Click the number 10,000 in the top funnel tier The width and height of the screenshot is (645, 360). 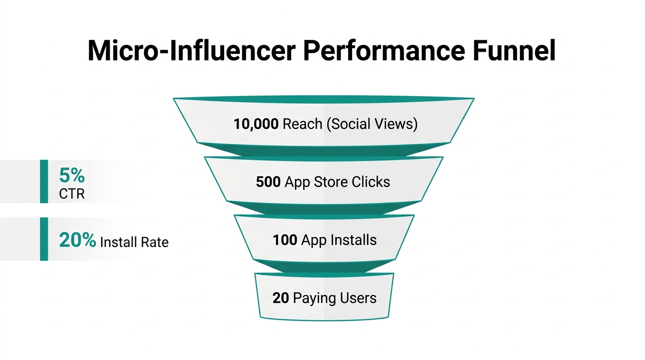pos(256,124)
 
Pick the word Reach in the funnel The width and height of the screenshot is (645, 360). pos(303,124)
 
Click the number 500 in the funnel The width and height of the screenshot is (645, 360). pos(268,182)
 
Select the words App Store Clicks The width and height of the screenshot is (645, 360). pos(337,182)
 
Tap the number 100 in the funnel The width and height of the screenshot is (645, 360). pos(285,240)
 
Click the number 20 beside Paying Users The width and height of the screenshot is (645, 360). pos(280,298)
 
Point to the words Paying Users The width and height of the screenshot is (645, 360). pos(335,298)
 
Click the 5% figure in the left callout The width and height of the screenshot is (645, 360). pos(72,176)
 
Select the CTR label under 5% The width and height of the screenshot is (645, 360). pos(72,194)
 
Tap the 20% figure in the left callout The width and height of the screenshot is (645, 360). pos(77,240)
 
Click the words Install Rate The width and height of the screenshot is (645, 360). pos(134,242)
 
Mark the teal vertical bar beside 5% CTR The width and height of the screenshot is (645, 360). pos(44,181)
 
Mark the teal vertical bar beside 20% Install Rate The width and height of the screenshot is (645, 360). pos(44,239)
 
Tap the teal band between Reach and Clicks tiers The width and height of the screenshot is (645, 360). pos(323,151)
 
